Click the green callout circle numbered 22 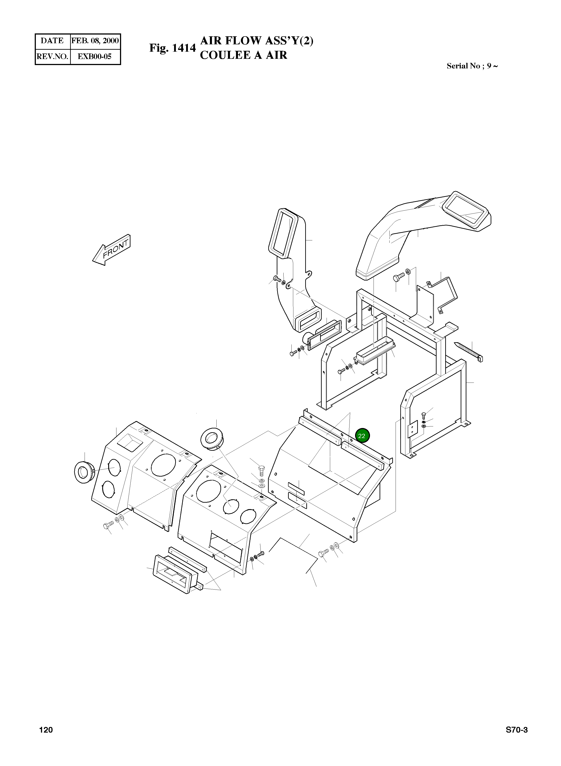click(x=362, y=436)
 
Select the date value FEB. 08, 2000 click(x=95, y=41)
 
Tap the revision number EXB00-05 click(x=95, y=56)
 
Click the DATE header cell click(x=52, y=41)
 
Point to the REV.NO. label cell click(x=52, y=56)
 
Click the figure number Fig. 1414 click(x=173, y=48)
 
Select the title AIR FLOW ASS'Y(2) click(x=257, y=41)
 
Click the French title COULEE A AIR click(x=244, y=55)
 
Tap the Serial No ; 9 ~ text click(x=472, y=66)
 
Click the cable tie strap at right click(x=469, y=352)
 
